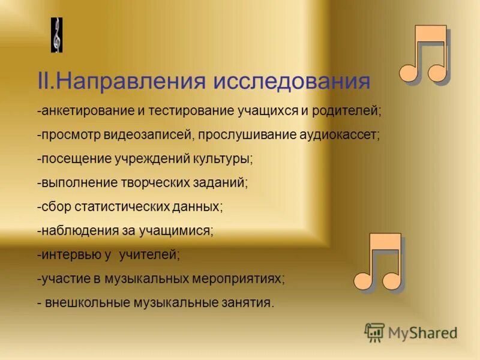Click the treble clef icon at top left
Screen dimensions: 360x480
[x=56, y=35]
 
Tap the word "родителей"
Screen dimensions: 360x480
[x=350, y=112]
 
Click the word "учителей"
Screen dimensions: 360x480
[x=149, y=254]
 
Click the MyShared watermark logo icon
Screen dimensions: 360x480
[x=374, y=332]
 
